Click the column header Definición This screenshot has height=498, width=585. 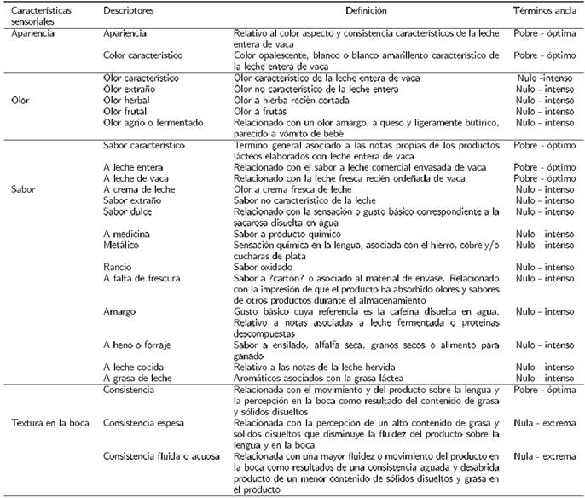pyautogui.click(x=365, y=11)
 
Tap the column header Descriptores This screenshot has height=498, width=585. pyautogui.click(x=128, y=11)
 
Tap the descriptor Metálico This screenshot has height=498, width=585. pyautogui.click(x=120, y=245)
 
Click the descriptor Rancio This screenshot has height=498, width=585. pyautogui.click(x=117, y=267)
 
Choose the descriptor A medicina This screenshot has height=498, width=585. pyautogui.click(x=124, y=234)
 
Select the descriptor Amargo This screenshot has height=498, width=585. pyautogui.click(x=119, y=312)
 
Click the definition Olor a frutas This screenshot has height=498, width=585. pyautogui.click(x=262, y=111)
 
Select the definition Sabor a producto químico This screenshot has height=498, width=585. pyautogui.click(x=287, y=234)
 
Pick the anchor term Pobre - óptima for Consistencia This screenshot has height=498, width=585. pyautogui.click(x=545, y=389)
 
